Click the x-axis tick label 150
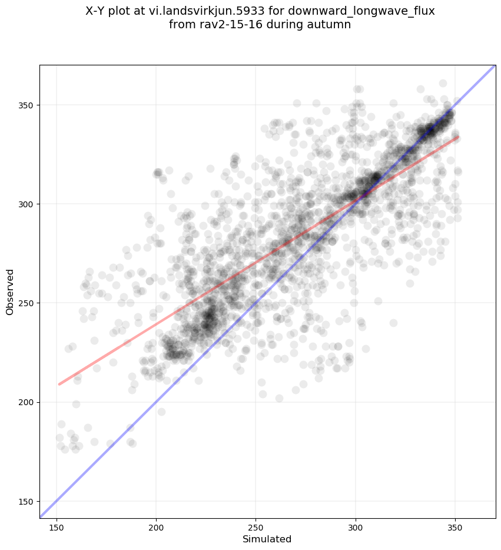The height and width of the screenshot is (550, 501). coord(56,526)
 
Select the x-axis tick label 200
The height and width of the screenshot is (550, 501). coord(156,526)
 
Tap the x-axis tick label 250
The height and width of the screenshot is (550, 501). coord(256,526)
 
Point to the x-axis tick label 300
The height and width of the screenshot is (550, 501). coord(356,526)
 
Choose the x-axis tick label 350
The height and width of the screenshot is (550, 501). coord(455,526)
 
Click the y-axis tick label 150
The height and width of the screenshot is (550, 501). coord(26,501)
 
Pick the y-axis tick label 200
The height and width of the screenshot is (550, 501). coord(26,402)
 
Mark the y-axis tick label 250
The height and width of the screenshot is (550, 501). coord(26,303)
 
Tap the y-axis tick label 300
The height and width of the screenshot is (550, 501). coord(26,204)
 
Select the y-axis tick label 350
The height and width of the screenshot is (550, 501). coord(26,105)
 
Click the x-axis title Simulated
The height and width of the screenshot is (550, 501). coord(267,539)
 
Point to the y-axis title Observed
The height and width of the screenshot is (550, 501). coord(10,292)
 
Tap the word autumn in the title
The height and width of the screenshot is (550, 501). coord(331,25)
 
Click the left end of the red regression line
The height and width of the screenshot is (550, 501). coord(59,384)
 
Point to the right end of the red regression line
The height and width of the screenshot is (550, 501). coord(458,137)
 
